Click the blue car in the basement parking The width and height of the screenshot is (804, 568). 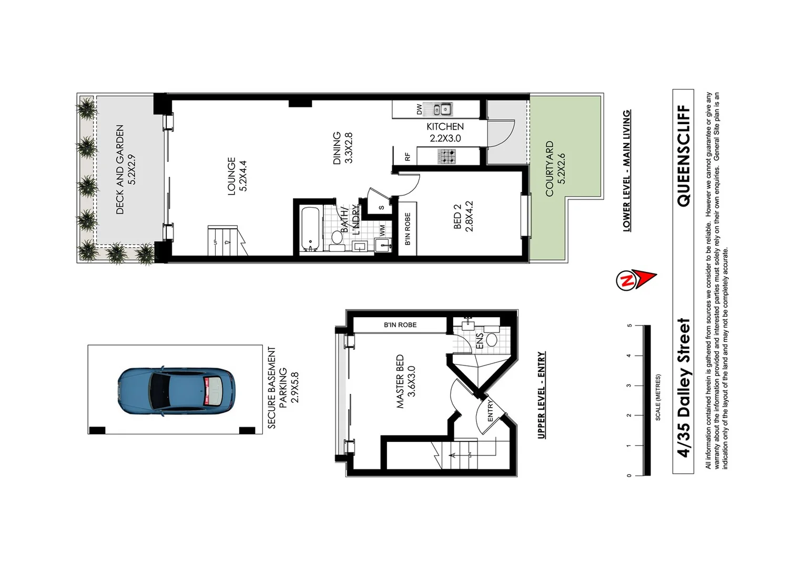[176, 391]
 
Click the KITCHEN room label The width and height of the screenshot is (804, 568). [445, 127]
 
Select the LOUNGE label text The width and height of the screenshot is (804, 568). [232, 176]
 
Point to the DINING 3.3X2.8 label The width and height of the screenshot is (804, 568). [342, 148]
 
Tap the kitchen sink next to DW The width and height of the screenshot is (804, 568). [442, 109]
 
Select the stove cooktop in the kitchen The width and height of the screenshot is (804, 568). [447, 156]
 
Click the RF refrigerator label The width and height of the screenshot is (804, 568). [408, 156]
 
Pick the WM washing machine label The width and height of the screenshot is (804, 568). [382, 230]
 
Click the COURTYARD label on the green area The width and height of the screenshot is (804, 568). [550, 169]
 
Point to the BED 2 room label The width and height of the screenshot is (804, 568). [457, 216]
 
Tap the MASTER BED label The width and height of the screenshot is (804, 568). [400, 381]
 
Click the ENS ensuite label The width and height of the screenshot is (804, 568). [479, 341]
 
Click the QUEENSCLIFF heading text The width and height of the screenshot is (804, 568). [683, 156]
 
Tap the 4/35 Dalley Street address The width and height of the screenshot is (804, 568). [683, 388]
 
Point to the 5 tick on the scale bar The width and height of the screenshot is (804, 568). [629, 326]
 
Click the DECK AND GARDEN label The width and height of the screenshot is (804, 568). [120, 169]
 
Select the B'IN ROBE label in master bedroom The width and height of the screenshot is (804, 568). [400, 325]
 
